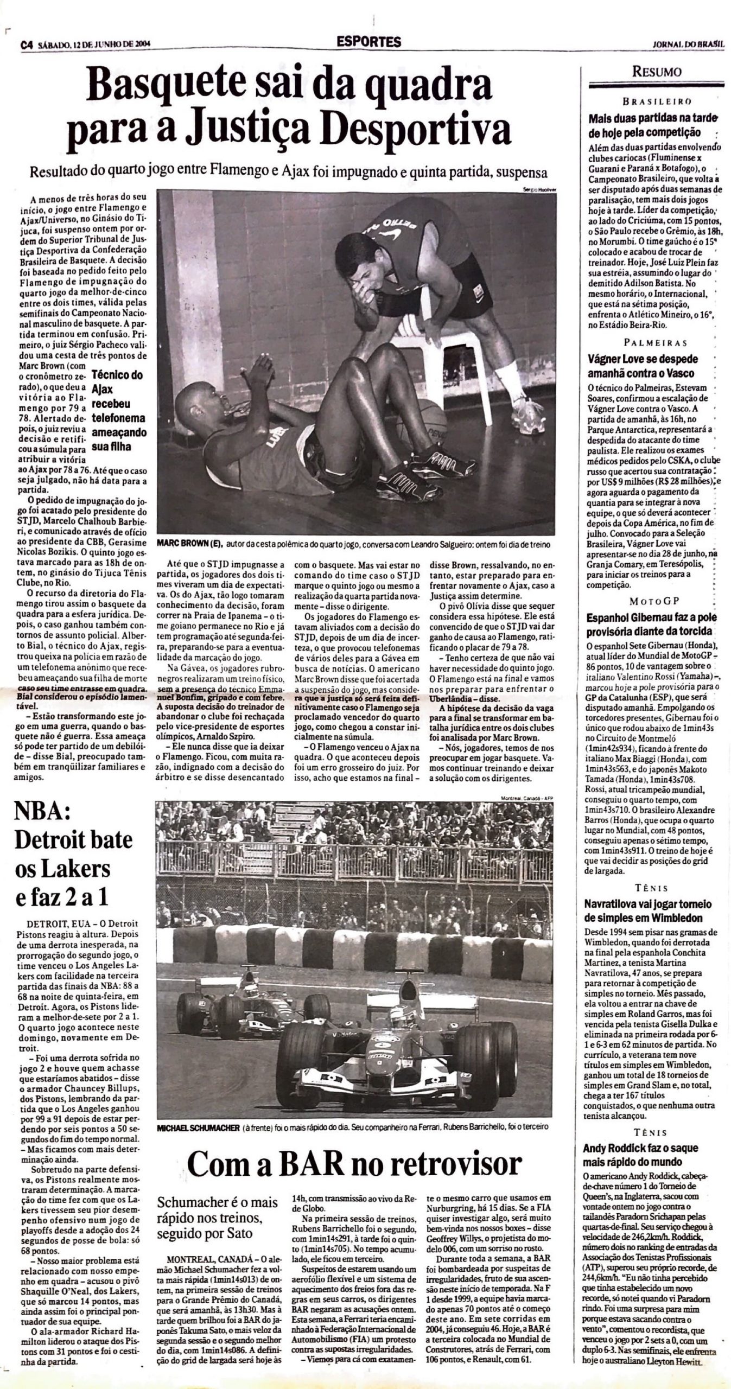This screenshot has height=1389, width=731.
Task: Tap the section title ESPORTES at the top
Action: tap(368, 42)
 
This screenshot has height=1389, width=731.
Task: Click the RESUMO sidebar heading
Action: tap(656, 72)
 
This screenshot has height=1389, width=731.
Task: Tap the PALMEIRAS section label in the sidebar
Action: tap(656, 342)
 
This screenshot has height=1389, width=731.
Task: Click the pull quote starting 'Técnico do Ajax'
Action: tap(118, 411)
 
